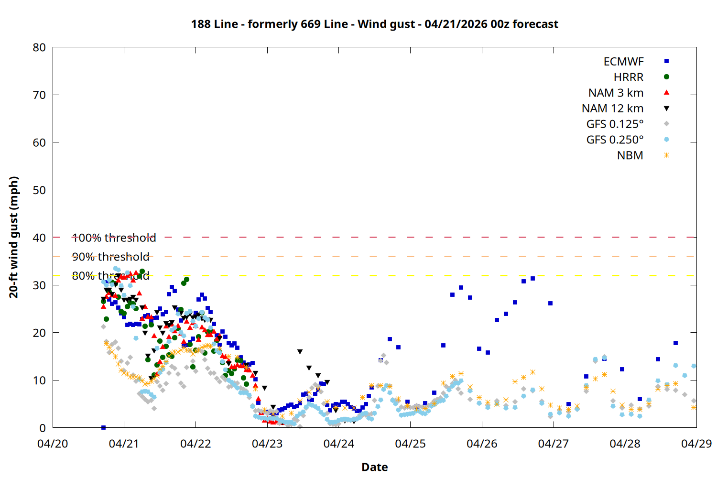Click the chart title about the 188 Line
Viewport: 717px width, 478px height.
click(x=374, y=24)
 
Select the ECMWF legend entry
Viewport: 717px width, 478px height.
click(x=623, y=62)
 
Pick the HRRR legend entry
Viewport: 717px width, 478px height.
click(x=628, y=77)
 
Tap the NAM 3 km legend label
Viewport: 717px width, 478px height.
click(x=616, y=93)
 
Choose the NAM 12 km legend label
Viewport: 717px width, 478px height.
click(x=612, y=109)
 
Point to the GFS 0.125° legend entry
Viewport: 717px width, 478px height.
click(x=615, y=124)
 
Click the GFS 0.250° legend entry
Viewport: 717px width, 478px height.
click(x=615, y=140)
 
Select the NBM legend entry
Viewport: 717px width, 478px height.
click(x=630, y=155)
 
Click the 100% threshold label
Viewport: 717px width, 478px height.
click(x=114, y=238)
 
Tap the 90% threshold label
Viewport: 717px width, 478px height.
click(x=110, y=257)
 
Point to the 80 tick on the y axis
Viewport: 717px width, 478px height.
click(x=39, y=47)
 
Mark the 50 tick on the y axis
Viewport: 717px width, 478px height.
click(x=39, y=190)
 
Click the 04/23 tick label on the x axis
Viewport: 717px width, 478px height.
click(x=267, y=444)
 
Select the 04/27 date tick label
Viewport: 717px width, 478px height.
click(x=553, y=444)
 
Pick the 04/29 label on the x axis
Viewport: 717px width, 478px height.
click(x=696, y=444)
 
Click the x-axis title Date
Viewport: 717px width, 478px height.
click(x=374, y=467)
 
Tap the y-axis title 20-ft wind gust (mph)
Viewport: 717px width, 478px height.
click(x=14, y=237)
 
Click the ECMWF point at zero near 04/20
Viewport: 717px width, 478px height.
click(x=103, y=427)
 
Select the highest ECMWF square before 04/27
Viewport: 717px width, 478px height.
click(x=532, y=278)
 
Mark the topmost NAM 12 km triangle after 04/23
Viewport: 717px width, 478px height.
click(x=300, y=352)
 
